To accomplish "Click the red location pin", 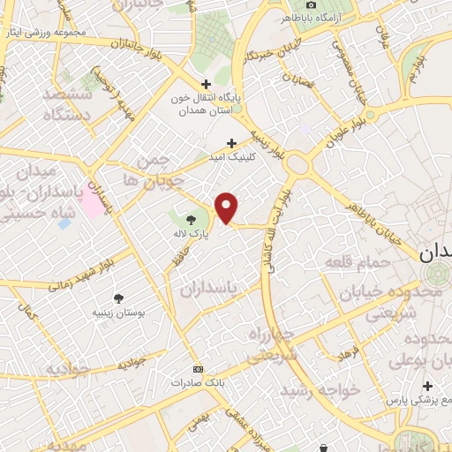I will coord(227,208).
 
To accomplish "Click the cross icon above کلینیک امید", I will coord(232,142).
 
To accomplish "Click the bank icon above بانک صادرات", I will coord(198,368).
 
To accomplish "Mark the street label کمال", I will coord(29,312).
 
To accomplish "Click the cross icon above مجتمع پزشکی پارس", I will coord(427,387).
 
